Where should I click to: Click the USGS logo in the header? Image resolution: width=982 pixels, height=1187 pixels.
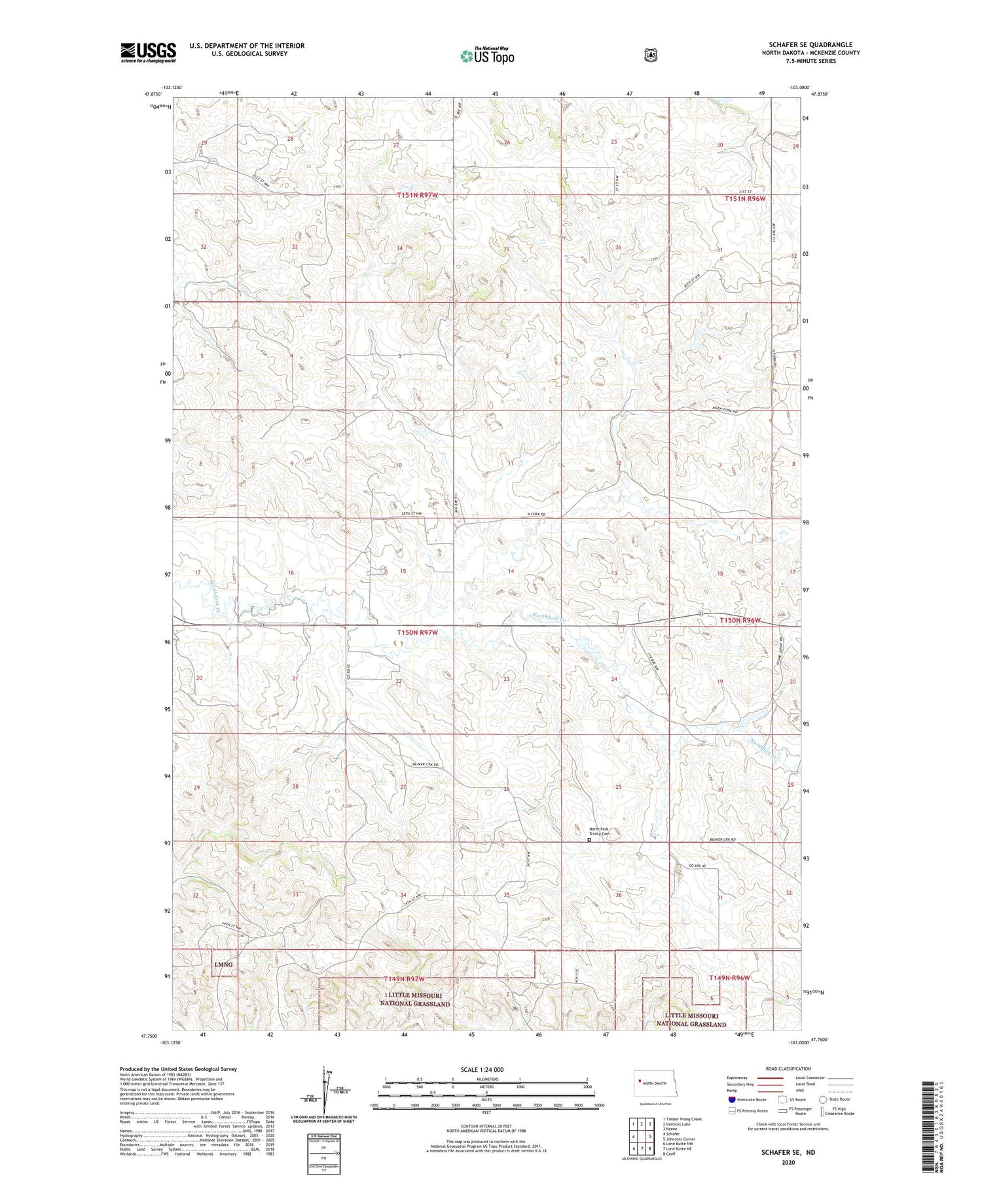(148, 52)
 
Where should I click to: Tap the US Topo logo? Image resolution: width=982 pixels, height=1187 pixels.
(487, 56)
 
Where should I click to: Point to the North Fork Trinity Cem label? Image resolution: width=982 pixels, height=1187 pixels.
(599, 831)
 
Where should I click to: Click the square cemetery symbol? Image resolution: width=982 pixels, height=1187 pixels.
(589, 840)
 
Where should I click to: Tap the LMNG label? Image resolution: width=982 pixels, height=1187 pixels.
(223, 964)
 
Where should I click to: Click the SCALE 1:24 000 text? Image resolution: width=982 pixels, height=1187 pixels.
(486, 1069)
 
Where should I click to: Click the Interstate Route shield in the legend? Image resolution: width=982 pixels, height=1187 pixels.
(732, 1099)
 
